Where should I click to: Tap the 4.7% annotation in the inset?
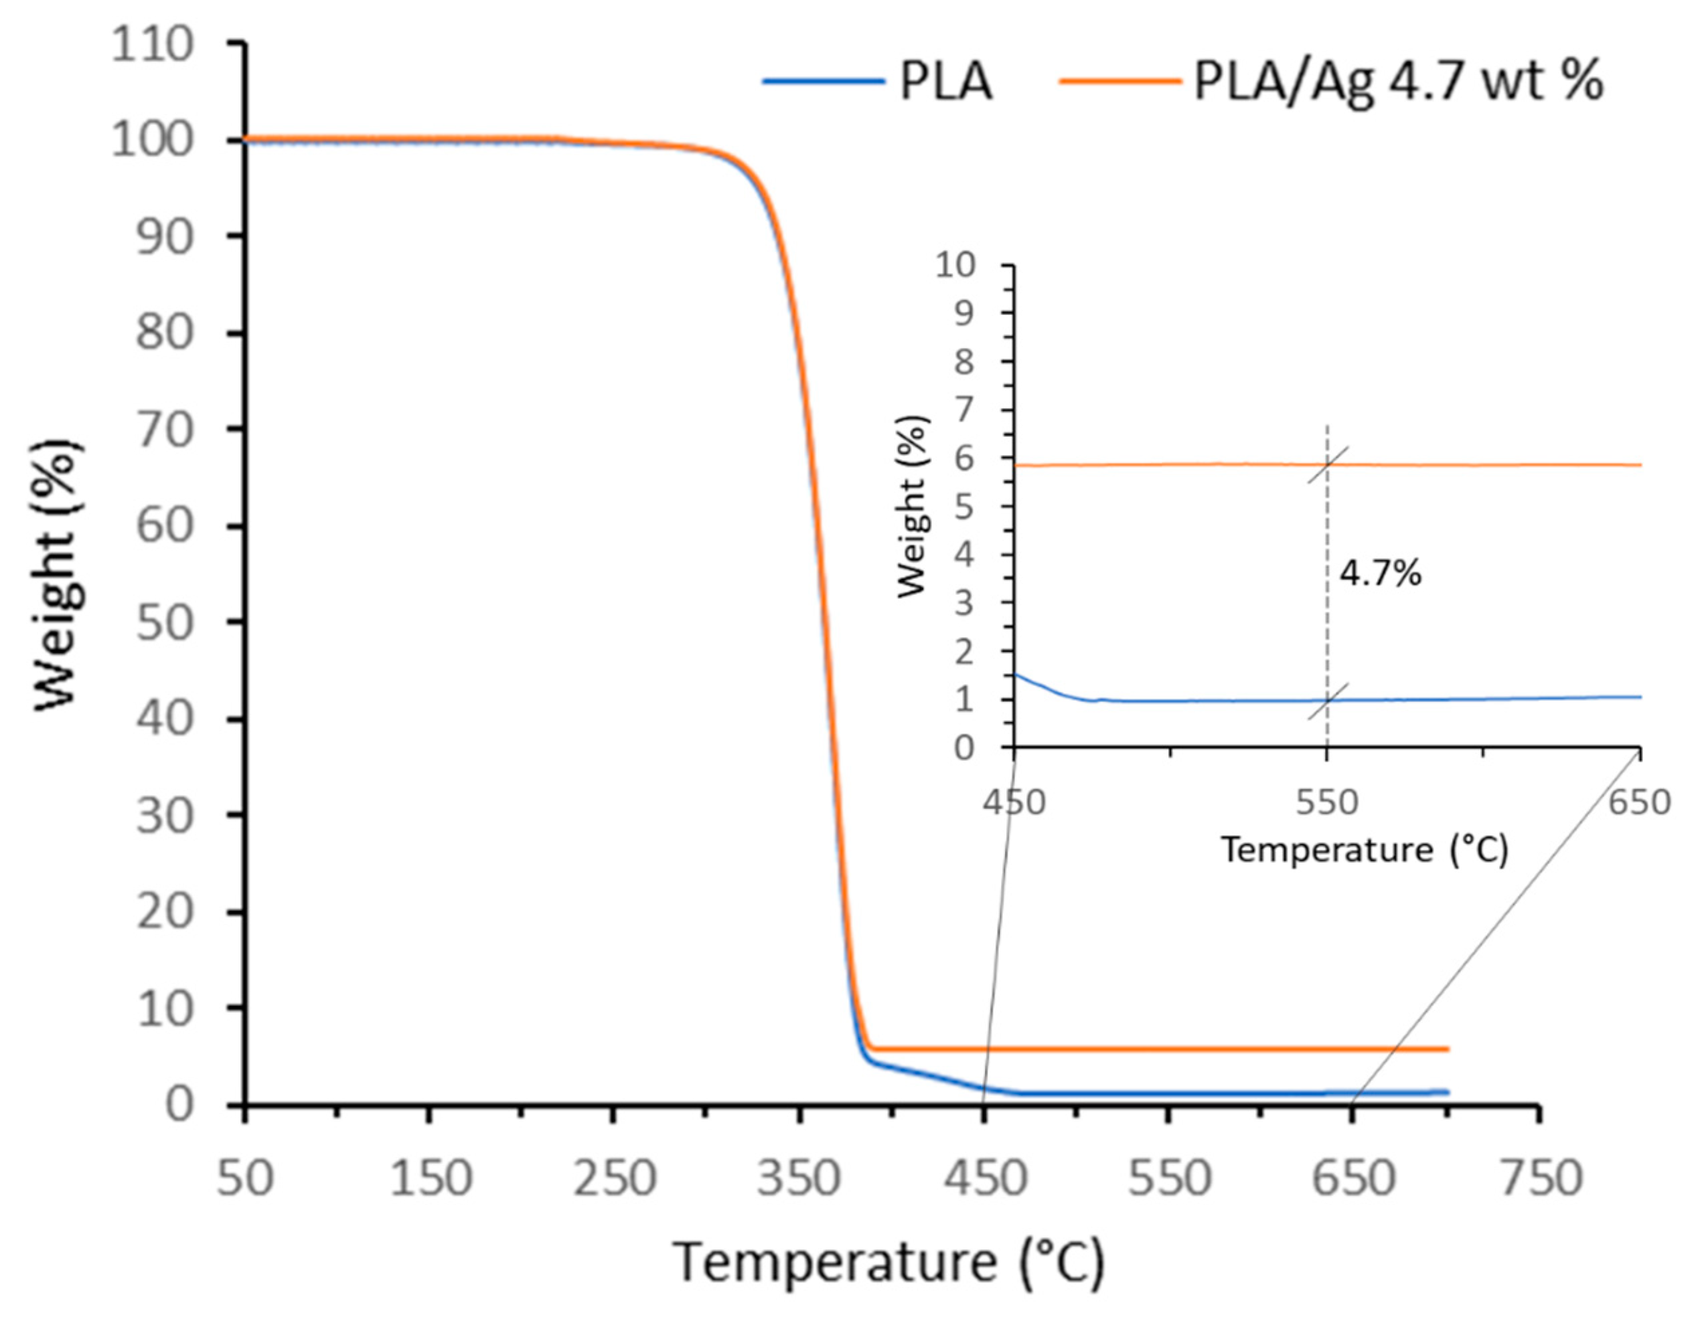pyautogui.click(x=1379, y=574)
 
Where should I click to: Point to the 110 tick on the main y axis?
pyautogui.click(x=152, y=44)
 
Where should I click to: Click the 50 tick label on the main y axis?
pyautogui.click(x=164, y=622)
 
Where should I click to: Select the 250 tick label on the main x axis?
pyautogui.click(x=615, y=1178)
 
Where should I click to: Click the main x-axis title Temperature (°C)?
pyautogui.click(x=888, y=1262)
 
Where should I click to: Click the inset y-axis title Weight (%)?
pyautogui.click(x=913, y=507)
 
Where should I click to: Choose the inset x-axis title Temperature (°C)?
pyautogui.click(x=1364, y=849)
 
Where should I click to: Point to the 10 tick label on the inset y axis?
pyautogui.click(x=955, y=266)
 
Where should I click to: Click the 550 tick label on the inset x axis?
pyautogui.click(x=1326, y=802)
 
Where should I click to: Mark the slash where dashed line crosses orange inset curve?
pyautogui.click(x=1327, y=464)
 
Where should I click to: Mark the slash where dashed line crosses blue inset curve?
pyautogui.click(x=1327, y=699)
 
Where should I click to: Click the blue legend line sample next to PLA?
pyautogui.click(x=824, y=80)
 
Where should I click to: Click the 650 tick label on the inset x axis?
pyautogui.click(x=1639, y=802)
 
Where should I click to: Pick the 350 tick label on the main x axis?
pyautogui.click(x=799, y=1178)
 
